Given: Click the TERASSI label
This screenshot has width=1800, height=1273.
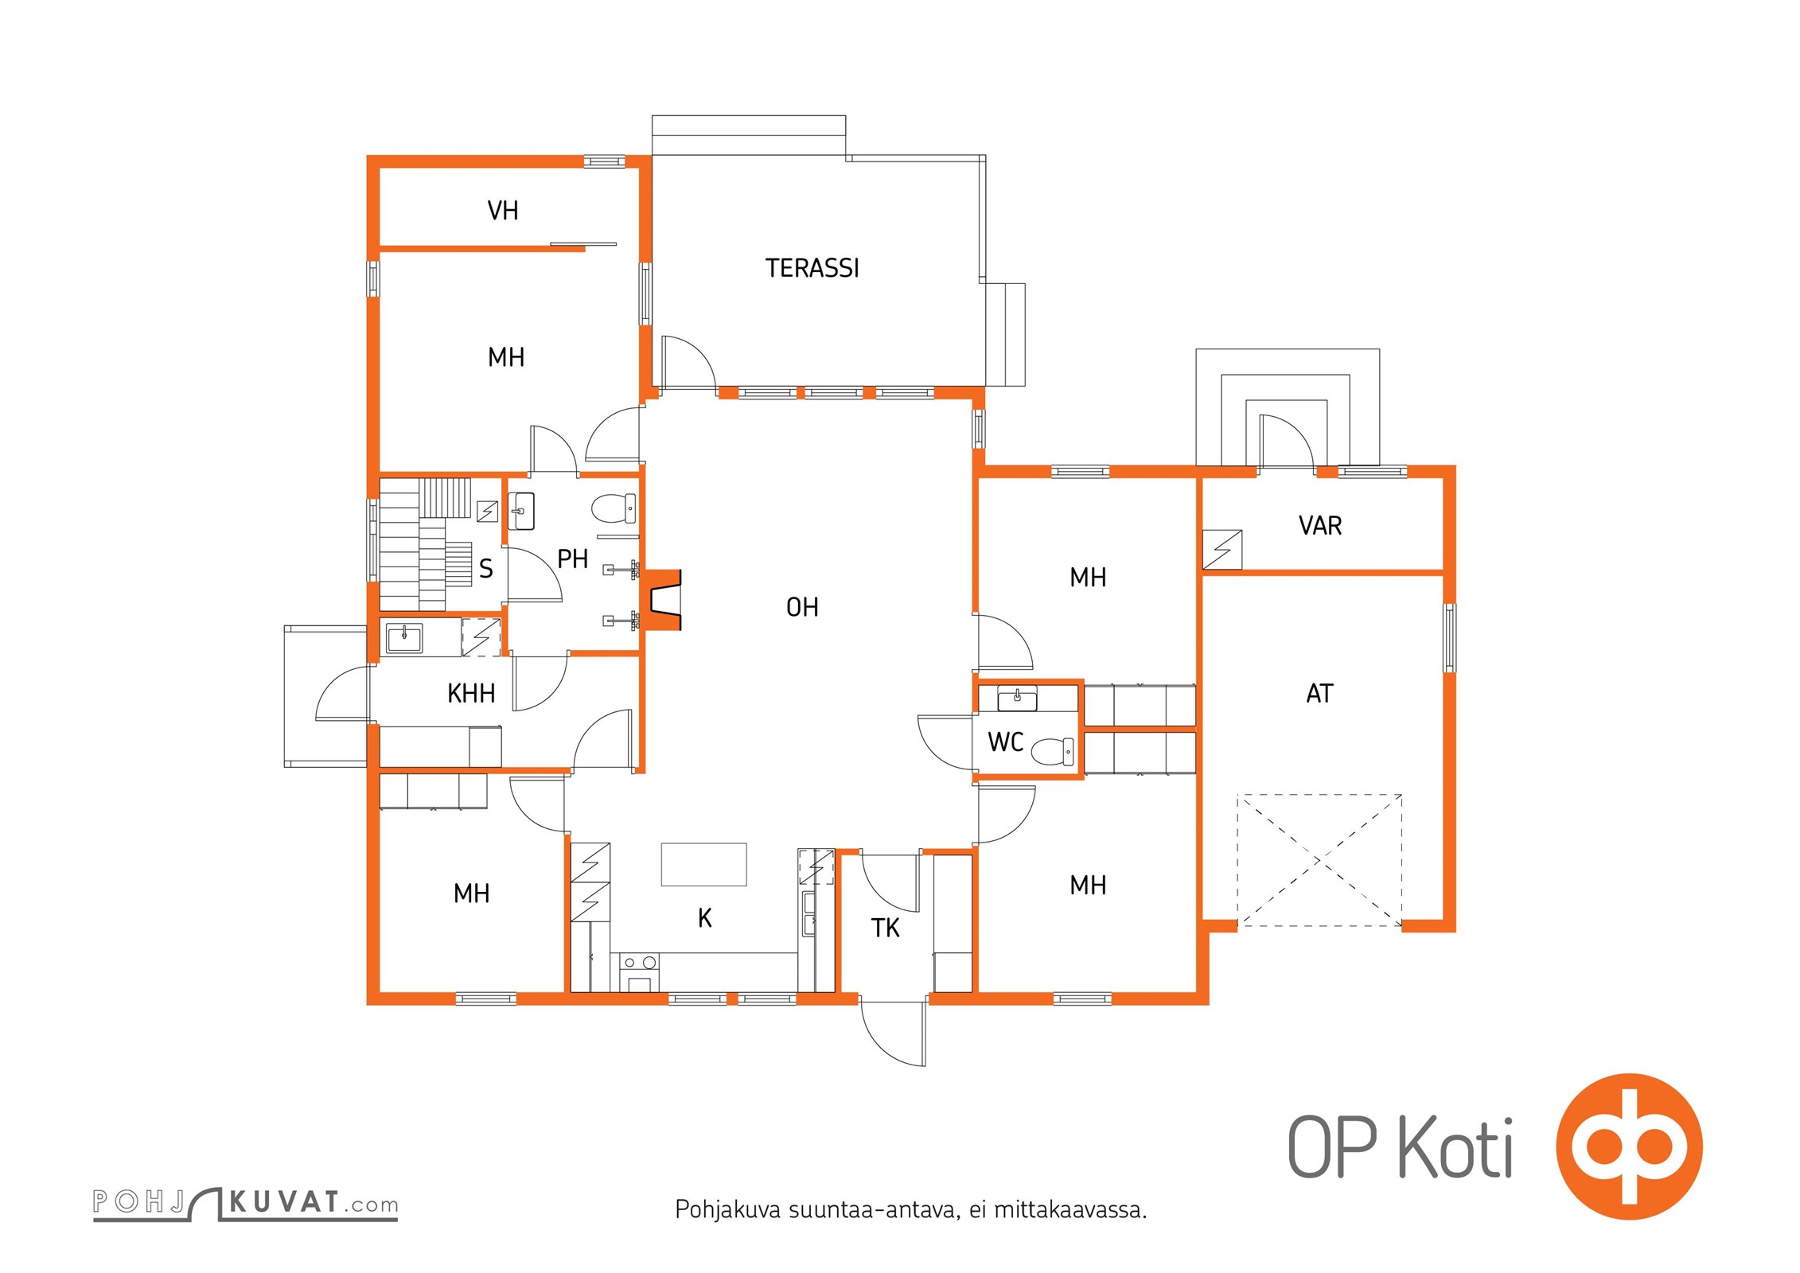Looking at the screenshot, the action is (812, 268).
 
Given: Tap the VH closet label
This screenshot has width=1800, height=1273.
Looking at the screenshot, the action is (503, 211).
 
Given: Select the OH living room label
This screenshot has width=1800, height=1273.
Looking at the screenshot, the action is (802, 608).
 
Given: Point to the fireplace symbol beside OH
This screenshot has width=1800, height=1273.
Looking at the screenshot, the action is (662, 600).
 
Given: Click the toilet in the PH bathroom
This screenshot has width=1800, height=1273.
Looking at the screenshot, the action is (614, 508).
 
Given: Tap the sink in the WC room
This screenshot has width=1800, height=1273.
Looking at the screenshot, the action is (1017, 699).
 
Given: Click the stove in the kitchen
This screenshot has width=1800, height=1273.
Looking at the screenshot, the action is (640, 973).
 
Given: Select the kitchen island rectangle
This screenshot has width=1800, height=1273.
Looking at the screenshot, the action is (703, 864).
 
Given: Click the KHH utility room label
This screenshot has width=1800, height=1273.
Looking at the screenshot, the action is (471, 694).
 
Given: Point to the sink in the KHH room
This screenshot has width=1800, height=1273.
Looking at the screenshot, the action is (404, 637).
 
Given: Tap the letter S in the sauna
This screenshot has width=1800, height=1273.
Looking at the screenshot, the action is (486, 569).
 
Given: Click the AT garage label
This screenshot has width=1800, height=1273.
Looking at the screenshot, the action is (1319, 694).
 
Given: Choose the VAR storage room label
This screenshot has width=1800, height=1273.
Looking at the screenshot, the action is (1320, 526).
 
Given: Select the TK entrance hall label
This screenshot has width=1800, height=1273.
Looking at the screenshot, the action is (885, 928).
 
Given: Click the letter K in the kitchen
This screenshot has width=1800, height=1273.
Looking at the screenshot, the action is (705, 918).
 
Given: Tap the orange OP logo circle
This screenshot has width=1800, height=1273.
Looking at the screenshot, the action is (1630, 1146).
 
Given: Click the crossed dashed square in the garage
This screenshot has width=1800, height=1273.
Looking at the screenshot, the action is (1319, 860).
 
